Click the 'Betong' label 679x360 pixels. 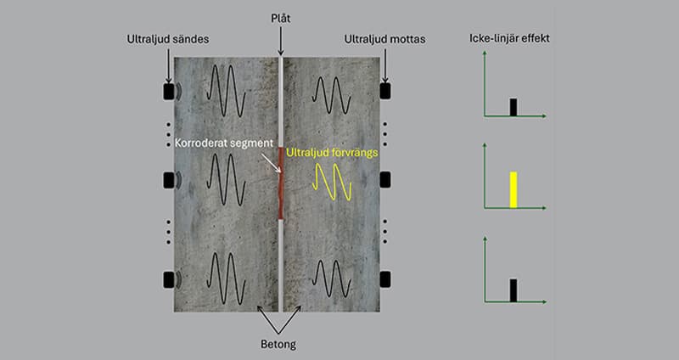[x=281, y=344]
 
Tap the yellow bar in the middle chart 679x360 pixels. [x=513, y=189]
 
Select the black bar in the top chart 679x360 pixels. [x=513, y=106]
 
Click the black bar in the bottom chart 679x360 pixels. [x=513, y=290]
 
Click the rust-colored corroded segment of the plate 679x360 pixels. [x=281, y=183]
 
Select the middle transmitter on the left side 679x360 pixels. [x=168, y=180]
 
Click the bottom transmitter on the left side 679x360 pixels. [x=168, y=279]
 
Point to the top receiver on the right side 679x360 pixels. [x=385, y=90]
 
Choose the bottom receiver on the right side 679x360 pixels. [x=385, y=279]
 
